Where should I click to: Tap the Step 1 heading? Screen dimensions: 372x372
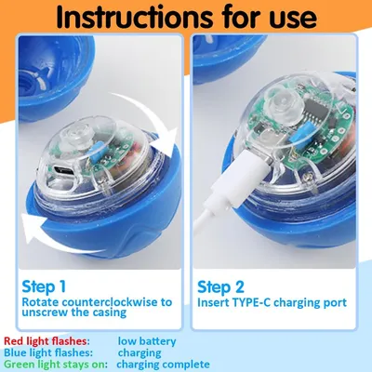tap(44, 286)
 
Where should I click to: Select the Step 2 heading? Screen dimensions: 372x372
tap(220, 286)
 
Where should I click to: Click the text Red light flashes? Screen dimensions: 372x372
tap(46, 341)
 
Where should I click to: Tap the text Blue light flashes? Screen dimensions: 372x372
tap(48, 352)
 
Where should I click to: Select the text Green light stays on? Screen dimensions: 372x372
tap(56, 364)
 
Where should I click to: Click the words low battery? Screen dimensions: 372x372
tap(147, 341)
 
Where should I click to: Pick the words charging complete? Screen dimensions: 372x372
tap(163, 365)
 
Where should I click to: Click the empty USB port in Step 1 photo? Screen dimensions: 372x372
tap(63, 170)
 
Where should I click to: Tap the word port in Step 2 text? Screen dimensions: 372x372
tap(335, 303)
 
